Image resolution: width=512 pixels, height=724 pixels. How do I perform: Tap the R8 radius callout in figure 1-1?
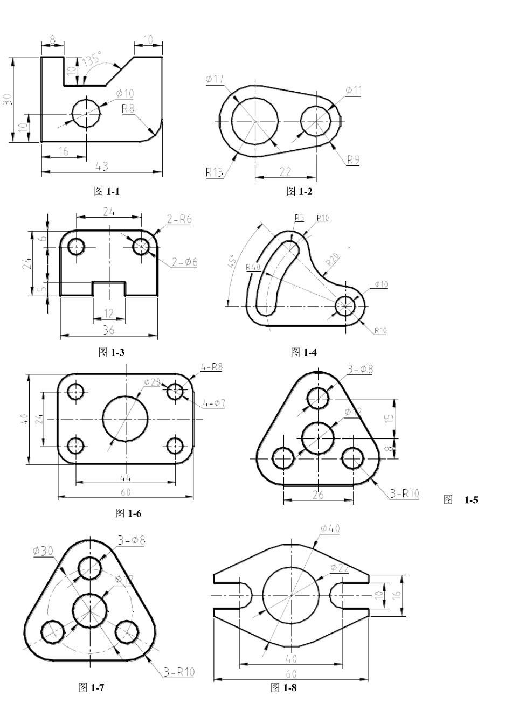click(x=128, y=108)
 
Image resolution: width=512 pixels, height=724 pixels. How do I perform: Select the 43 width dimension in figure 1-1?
click(x=101, y=167)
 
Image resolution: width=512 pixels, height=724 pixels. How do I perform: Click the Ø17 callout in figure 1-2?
click(x=214, y=80)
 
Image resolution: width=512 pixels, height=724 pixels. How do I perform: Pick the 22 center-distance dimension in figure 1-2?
click(x=285, y=171)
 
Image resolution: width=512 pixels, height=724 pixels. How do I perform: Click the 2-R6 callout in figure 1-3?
click(x=179, y=219)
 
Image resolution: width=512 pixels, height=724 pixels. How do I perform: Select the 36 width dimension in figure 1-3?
click(x=108, y=330)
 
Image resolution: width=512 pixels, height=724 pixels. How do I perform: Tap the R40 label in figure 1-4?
click(x=252, y=267)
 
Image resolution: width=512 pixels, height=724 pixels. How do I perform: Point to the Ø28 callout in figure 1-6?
click(x=152, y=382)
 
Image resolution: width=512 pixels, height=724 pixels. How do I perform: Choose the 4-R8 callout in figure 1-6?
click(x=212, y=367)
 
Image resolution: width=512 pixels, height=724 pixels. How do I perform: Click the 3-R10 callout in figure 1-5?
click(x=404, y=493)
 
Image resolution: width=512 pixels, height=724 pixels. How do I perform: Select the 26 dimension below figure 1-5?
click(x=318, y=495)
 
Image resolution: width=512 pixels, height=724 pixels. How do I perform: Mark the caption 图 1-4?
click(x=303, y=352)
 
